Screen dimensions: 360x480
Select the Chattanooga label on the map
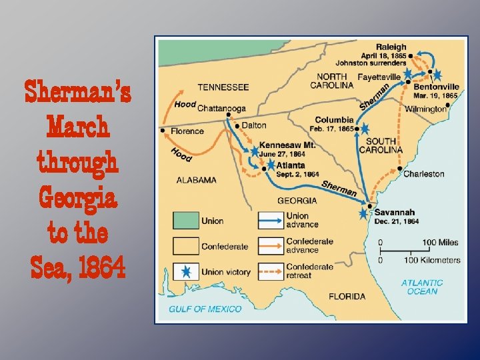[x=222, y=108]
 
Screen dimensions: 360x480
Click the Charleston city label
[x=423, y=173]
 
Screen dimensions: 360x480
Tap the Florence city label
[x=187, y=131]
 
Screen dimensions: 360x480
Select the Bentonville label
[x=436, y=86]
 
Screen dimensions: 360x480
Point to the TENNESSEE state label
[x=223, y=87]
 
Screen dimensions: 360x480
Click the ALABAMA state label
[x=196, y=179]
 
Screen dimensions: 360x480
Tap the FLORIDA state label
[x=347, y=295]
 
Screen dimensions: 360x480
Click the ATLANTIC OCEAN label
[x=422, y=287]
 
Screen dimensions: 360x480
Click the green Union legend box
[x=187, y=221]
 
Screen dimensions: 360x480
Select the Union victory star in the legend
[x=187, y=271]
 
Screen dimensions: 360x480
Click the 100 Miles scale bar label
[x=439, y=241]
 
